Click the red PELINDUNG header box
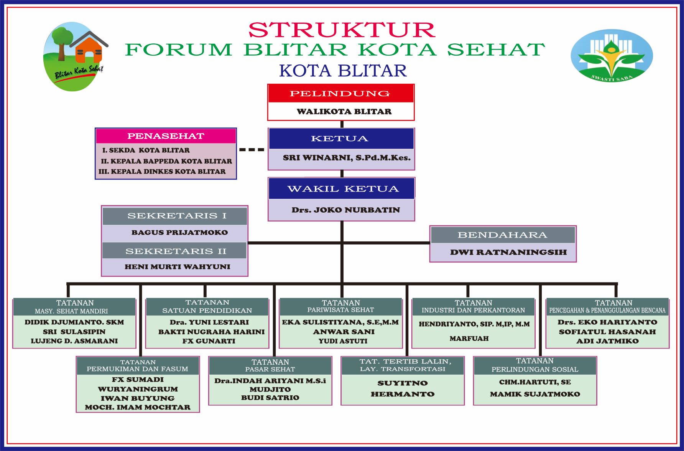click(341, 94)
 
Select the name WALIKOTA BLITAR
click(344, 112)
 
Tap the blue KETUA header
click(341, 139)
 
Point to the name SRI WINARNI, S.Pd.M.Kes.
click(347, 158)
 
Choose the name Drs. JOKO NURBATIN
click(345, 210)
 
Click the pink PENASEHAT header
click(166, 136)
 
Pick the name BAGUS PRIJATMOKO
click(179, 232)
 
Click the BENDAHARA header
click(503, 235)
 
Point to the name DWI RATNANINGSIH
click(508, 252)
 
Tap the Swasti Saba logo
click(612, 56)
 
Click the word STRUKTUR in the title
click(342, 30)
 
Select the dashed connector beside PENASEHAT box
click(252, 150)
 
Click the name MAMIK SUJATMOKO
click(535, 394)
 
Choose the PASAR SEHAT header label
click(270, 369)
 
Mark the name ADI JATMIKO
click(607, 341)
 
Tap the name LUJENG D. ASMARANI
click(74, 341)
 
